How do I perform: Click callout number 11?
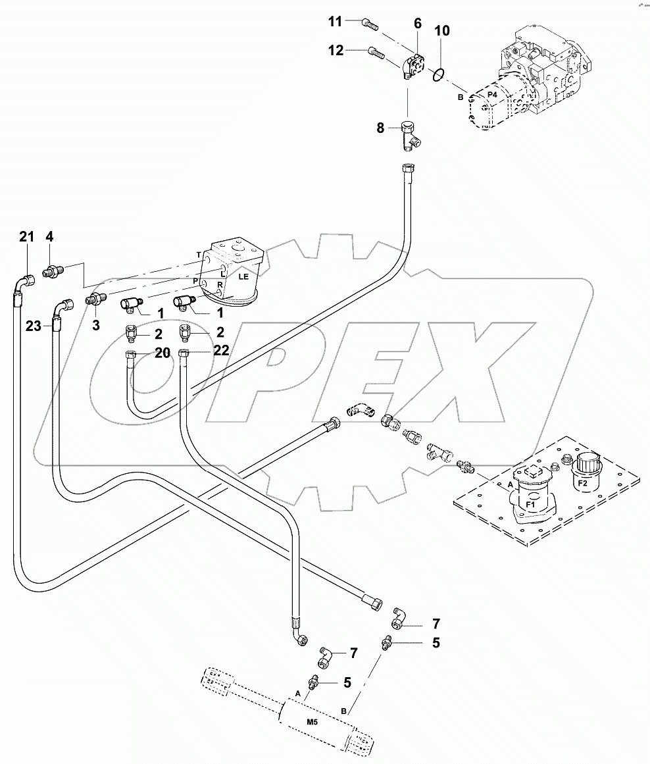pyautogui.click(x=336, y=22)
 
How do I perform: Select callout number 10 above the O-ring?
pyautogui.click(x=442, y=31)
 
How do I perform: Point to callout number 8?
pyautogui.click(x=380, y=128)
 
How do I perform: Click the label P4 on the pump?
pyautogui.click(x=491, y=96)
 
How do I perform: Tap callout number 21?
pyautogui.click(x=26, y=237)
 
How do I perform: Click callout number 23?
pyautogui.click(x=34, y=325)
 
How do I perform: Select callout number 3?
pyautogui.click(x=96, y=324)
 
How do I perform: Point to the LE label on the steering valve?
pyautogui.click(x=243, y=278)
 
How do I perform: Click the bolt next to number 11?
pyautogui.click(x=369, y=25)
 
